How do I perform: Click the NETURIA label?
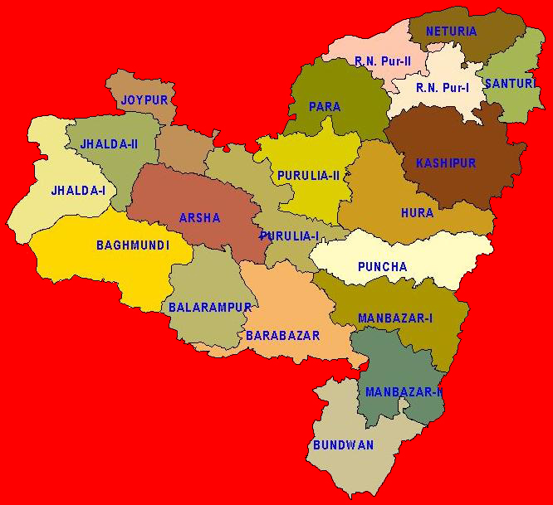[451, 32]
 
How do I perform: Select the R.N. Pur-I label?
[443, 88]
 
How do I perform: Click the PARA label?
[325, 107]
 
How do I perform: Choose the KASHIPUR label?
[446, 163]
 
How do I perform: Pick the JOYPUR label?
[144, 100]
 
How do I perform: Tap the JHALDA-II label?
[109, 144]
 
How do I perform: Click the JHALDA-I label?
[79, 191]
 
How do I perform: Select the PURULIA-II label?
[306, 176]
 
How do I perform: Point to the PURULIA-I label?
[289, 236]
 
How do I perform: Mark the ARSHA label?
[200, 218]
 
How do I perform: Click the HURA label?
[417, 213]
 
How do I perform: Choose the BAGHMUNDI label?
[133, 245]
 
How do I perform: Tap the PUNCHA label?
[382, 267]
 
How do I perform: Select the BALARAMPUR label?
[210, 308]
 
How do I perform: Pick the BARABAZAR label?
[283, 336]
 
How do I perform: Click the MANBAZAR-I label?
[395, 318]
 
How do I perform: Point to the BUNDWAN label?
[343, 445]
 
